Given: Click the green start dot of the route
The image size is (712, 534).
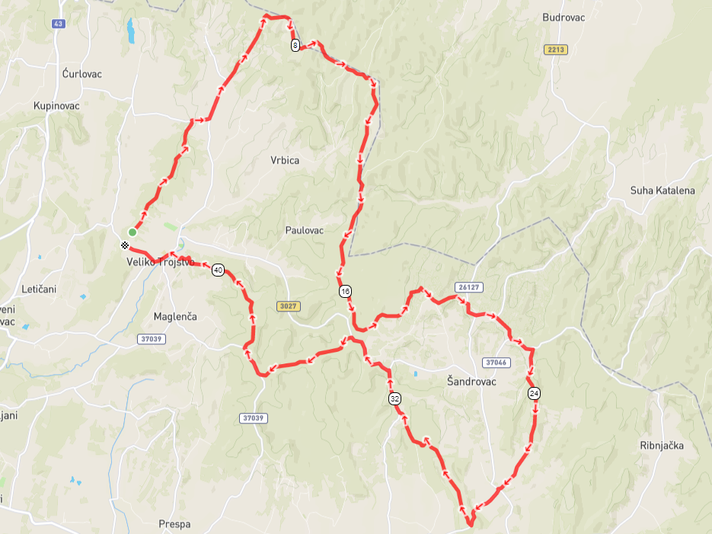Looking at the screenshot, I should click(x=133, y=232).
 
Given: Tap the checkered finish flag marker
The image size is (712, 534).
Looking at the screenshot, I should click(x=125, y=245).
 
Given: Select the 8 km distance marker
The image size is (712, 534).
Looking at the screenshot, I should click(x=295, y=46).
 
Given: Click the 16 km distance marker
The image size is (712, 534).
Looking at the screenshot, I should click(x=346, y=292).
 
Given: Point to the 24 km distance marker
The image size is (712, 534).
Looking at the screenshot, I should click(x=534, y=393).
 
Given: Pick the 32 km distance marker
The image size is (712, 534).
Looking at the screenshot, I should click(x=394, y=399).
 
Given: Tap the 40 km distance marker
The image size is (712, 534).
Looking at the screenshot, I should click(x=219, y=270).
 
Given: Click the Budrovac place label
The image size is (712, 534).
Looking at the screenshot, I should click(x=564, y=18).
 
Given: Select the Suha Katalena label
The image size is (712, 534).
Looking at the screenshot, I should click(x=663, y=190).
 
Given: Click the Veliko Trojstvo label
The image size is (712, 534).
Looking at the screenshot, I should click(x=161, y=263).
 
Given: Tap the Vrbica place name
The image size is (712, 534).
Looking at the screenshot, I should click(x=285, y=161).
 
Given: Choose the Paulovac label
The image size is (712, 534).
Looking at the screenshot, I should click(x=305, y=230).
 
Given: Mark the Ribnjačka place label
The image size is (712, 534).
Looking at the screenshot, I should click(x=663, y=446).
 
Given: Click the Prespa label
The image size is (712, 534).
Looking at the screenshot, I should click(x=174, y=524).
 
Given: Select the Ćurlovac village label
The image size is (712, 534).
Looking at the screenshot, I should click(x=82, y=74).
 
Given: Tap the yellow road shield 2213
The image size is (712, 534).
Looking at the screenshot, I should click(x=557, y=50).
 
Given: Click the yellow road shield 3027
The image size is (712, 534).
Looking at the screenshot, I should click(x=289, y=306).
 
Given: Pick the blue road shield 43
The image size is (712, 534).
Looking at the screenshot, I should click(x=58, y=24).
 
